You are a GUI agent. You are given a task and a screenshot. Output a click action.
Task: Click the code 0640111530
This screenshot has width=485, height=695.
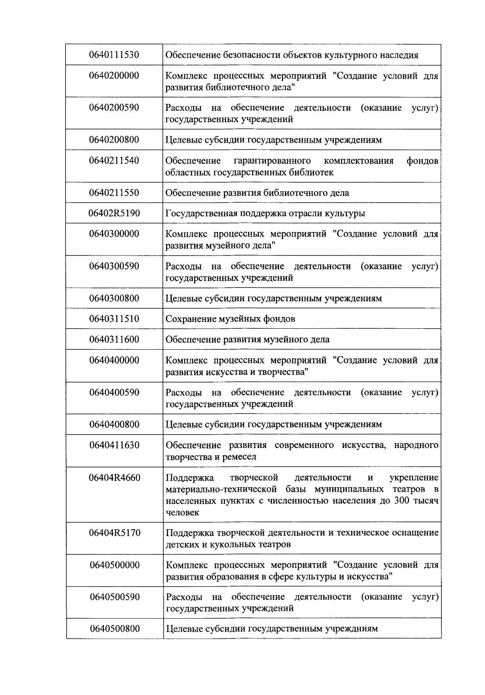[x=114, y=55]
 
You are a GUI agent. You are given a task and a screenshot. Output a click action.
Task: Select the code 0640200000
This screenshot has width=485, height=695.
[x=114, y=76]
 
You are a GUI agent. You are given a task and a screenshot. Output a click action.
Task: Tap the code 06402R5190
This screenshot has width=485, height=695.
[x=114, y=213]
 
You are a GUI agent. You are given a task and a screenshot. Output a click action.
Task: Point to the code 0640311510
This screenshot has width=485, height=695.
[x=114, y=319]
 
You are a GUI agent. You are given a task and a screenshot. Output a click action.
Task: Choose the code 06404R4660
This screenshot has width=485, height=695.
[x=114, y=478]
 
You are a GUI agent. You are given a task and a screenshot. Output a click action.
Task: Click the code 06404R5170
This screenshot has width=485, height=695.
[x=114, y=532]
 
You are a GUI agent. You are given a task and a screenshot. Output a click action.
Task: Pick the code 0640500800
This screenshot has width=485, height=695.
[x=115, y=629]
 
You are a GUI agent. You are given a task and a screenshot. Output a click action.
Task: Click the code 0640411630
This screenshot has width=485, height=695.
[x=114, y=445]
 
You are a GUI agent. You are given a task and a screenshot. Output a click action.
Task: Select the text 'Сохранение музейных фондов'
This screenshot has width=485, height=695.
[x=230, y=319]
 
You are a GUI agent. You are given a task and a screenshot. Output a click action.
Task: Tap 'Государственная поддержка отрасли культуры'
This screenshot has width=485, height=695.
[x=266, y=213]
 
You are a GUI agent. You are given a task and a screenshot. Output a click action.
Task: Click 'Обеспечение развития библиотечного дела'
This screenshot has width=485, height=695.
[x=257, y=193]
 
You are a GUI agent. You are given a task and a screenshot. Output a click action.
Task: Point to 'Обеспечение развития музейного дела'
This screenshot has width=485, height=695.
[x=247, y=340]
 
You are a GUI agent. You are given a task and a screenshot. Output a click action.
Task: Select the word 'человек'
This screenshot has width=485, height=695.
[x=182, y=513]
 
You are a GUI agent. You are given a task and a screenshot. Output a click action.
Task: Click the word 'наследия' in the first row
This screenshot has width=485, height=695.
[x=400, y=55]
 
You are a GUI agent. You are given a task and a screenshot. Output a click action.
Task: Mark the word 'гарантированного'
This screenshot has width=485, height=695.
[x=272, y=161]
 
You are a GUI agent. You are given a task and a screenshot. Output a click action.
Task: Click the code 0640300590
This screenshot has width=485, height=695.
[x=114, y=266]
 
